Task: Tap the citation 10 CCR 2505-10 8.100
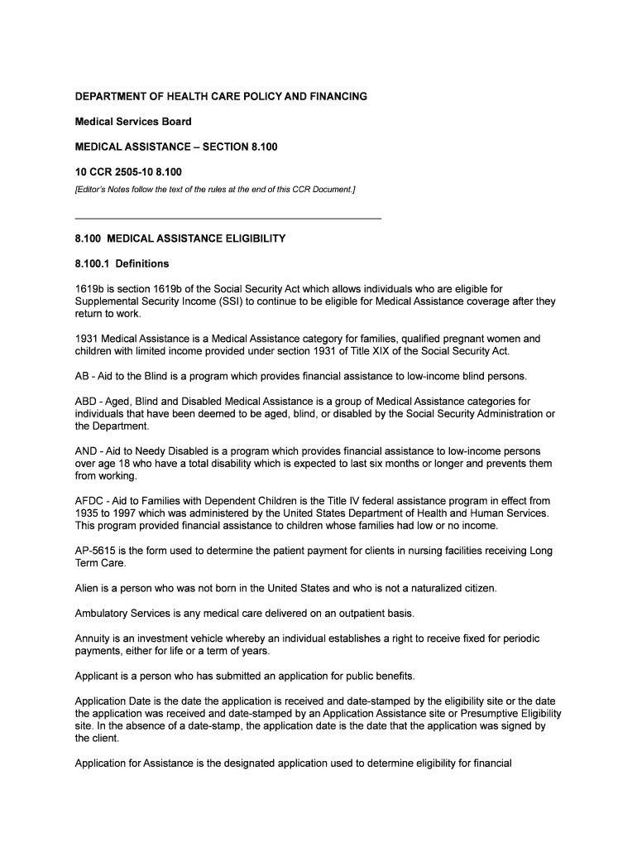[x=128, y=171]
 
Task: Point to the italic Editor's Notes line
[x=215, y=190]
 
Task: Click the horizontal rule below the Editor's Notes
[x=228, y=218]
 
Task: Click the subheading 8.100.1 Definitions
[x=122, y=263]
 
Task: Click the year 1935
[x=88, y=513]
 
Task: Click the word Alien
[x=88, y=588]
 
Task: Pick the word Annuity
[x=92, y=638]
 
